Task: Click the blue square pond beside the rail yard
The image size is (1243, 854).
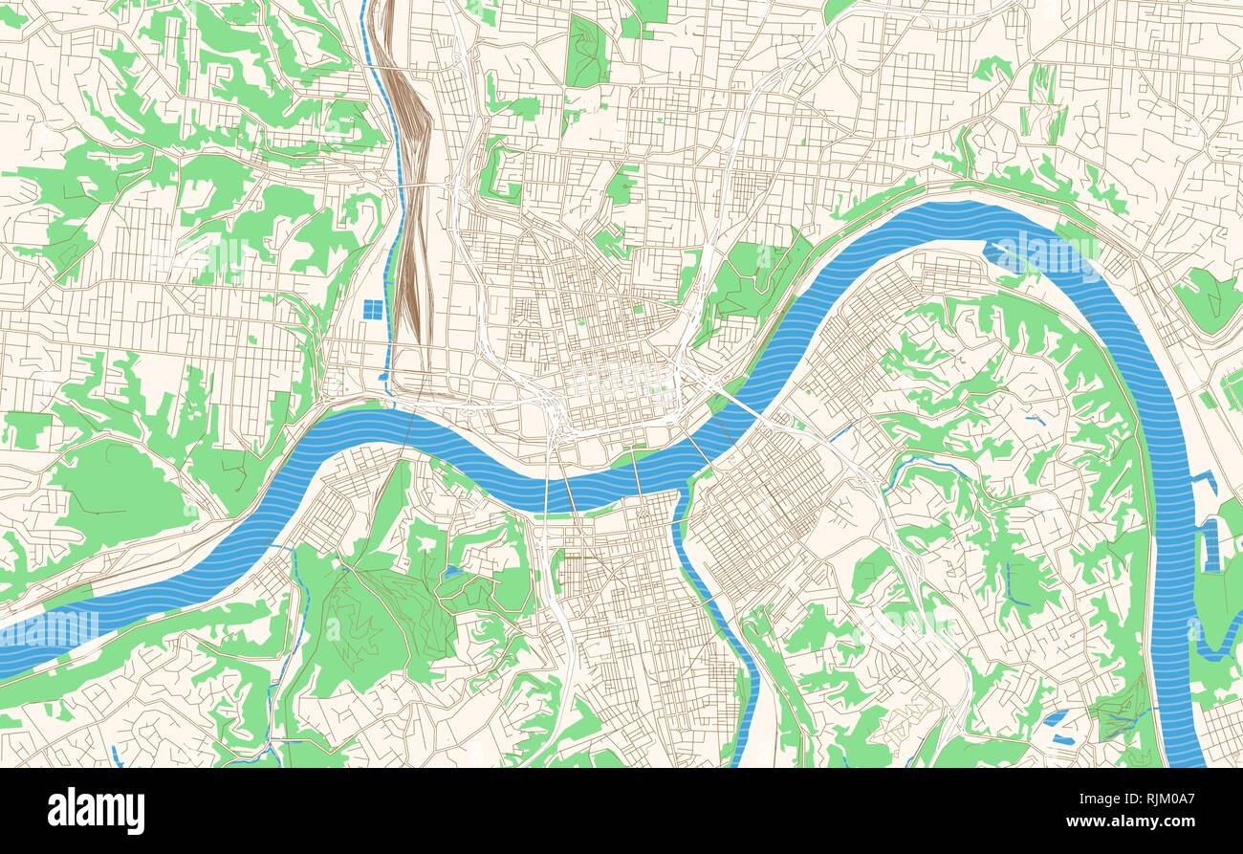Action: (374, 311)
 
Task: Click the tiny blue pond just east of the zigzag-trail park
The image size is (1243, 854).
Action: (450, 573)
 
